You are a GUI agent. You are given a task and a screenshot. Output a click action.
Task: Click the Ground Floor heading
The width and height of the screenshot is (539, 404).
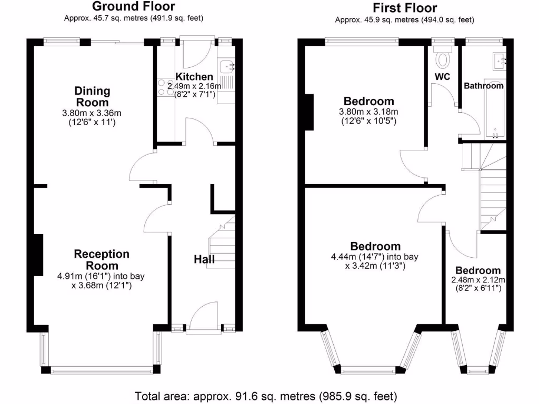pyautogui.click(x=134, y=7)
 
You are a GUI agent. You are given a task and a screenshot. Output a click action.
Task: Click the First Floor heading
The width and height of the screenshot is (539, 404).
pyautogui.click(x=405, y=8)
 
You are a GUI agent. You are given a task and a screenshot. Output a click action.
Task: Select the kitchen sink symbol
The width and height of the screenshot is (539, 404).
pyautogui.click(x=227, y=67)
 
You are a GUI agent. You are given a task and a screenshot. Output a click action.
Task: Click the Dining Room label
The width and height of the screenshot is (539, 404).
pyautogui.click(x=92, y=96)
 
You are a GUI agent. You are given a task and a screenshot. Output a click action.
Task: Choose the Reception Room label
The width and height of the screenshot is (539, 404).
pyautogui.click(x=102, y=260)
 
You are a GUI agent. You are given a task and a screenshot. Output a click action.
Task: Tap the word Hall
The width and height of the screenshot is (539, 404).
pyautogui.click(x=204, y=259)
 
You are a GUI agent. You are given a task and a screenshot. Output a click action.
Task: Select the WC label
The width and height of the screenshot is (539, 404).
pyautogui.click(x=442, y=77)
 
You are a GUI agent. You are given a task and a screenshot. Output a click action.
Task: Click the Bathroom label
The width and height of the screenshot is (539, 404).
pyautogui.click(x=483, y=85)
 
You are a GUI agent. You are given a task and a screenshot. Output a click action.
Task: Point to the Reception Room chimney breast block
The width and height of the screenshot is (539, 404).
pyautogui.click(x=38, y=255)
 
